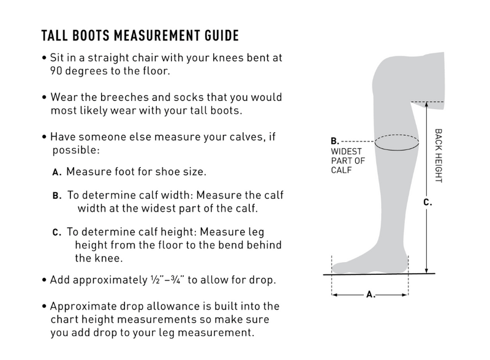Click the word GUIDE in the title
pos(222,36)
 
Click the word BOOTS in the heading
pos(91,36)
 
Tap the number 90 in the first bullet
pos(56,71)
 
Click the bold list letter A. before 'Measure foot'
pos(57,172)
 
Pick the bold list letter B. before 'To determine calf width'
pos(57,196)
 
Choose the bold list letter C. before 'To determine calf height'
pos(57,233)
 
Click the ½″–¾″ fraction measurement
pos(167,279)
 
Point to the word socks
pos(189,97)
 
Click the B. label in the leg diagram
pos(334,141)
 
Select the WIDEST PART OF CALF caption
pos(348,160)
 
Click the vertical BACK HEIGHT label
pos(439,156)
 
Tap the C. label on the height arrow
pos(428,203)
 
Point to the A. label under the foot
pos(371,294)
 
